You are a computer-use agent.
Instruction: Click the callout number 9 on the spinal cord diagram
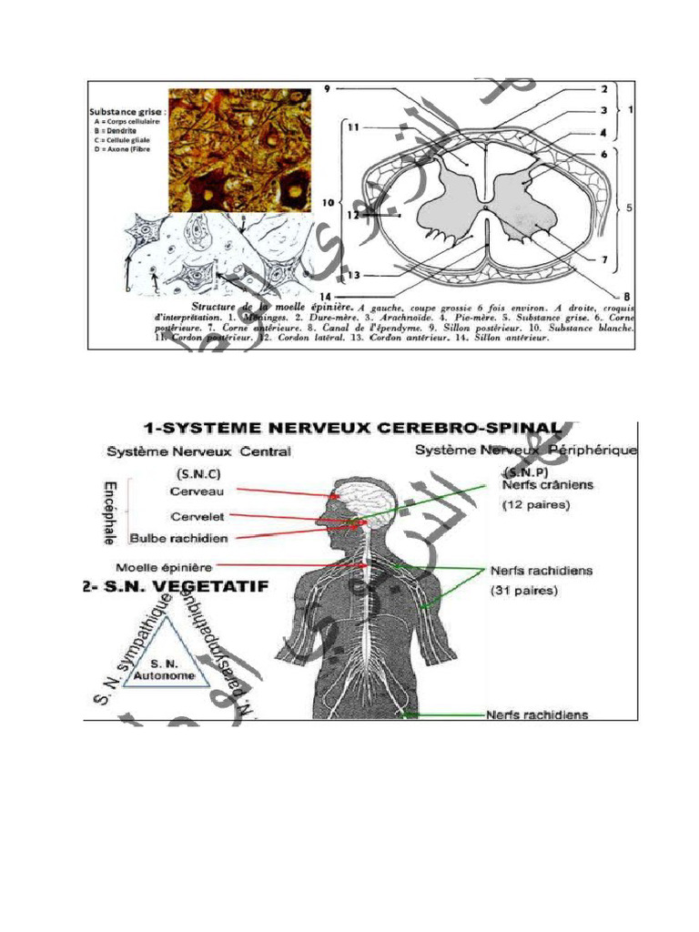tap(327, 88)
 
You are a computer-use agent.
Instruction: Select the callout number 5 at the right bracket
tap(629, 208)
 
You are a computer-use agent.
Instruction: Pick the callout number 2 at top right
tap(603, 90)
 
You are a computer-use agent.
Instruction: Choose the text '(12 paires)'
tap(538, 506)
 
